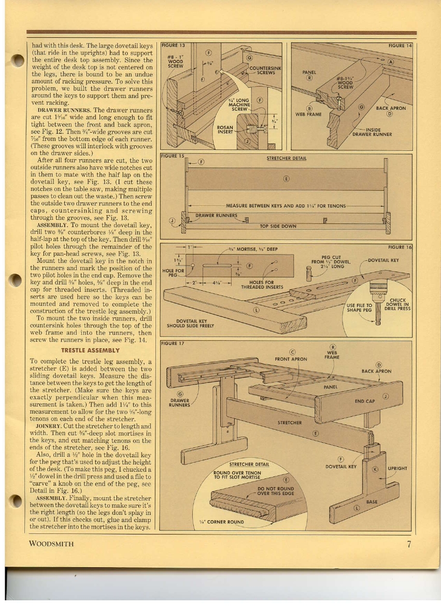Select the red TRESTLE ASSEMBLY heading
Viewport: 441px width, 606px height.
tap(91, 350)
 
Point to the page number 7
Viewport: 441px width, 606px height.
tap(409, 544)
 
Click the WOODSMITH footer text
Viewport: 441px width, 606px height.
tap(51, 544)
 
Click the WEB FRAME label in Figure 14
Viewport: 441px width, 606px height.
tap(308, 114)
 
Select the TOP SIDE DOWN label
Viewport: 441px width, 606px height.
tap(278, 226)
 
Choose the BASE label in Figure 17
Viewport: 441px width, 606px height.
tap(372, 502)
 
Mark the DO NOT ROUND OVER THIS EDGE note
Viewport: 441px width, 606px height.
tap(276, 491)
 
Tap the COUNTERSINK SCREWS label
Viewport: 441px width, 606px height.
tap(265, 71)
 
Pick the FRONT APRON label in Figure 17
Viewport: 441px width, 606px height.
tap(290, 359)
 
